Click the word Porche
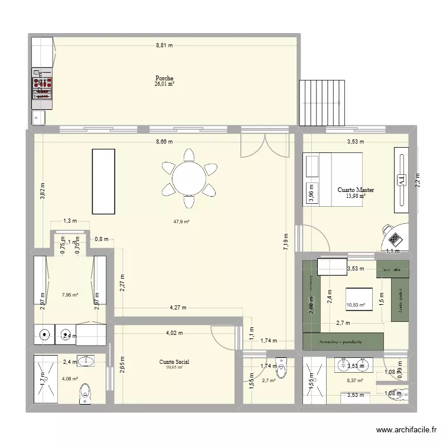click(164, 78)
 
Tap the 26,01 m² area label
click(164, 84)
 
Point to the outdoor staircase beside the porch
click(321, 102)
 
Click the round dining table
click(188, 178)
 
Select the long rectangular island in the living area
click(103, 181)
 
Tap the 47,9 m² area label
click(181, 221)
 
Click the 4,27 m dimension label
click(178, 307)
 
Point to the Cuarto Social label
click(174, 361)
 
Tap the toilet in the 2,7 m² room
click(282, 369)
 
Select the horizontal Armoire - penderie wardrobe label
click(343, 341)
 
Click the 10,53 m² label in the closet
click(356, 305)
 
